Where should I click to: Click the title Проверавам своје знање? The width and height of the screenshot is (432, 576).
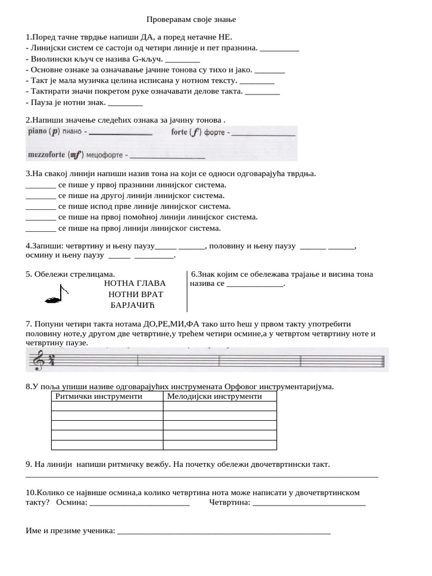187,20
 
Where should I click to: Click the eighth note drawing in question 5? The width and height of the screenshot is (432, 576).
57,294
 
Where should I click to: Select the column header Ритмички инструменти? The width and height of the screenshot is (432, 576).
98,396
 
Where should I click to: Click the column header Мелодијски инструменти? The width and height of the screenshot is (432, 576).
214,396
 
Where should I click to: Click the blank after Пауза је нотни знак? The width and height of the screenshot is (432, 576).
125,103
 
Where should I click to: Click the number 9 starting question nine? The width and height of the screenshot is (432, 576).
28,465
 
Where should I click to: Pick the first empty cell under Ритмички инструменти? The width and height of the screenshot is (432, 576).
107,406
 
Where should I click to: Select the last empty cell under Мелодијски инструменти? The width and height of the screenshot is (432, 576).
220,445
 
